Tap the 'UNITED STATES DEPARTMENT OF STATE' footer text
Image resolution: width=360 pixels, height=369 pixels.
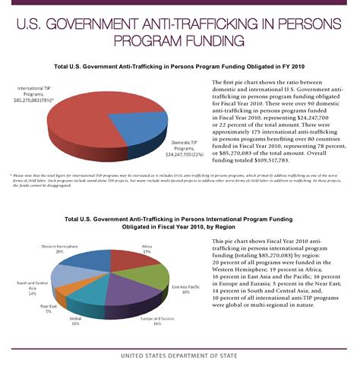[x=179, y=355]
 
